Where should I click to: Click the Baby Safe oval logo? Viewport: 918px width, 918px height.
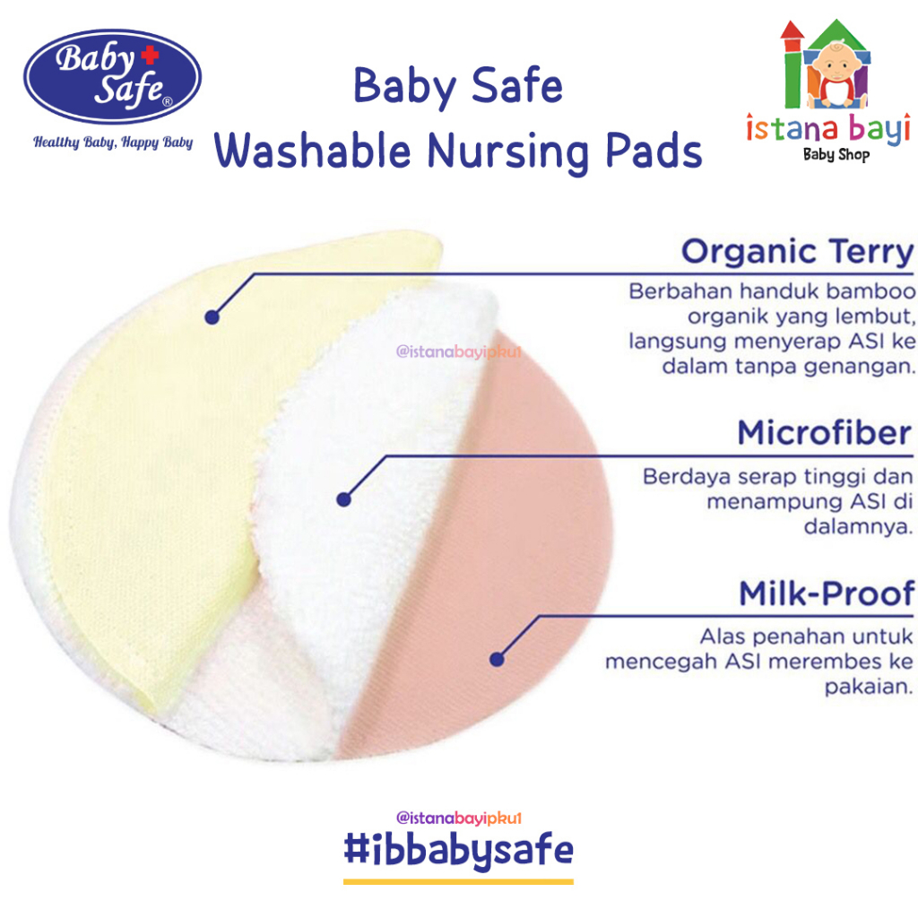112,76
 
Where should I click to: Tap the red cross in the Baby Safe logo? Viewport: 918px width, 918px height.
150,55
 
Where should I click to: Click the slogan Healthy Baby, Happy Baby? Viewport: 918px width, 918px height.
113,143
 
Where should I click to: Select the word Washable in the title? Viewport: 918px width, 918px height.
313,151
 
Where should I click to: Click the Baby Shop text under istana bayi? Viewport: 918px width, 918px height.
836,154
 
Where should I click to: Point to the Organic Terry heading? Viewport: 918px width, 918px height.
797,252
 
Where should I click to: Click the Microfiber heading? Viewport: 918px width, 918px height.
825,433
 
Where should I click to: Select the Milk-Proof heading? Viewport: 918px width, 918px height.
826,593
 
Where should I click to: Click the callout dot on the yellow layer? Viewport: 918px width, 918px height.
212,317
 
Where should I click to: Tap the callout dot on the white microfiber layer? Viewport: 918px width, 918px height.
343,499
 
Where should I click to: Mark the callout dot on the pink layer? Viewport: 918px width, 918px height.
497,659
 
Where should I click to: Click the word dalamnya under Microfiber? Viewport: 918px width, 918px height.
858,527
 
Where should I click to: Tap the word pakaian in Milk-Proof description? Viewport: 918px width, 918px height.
869,686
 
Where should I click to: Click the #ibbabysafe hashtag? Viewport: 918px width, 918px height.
458,851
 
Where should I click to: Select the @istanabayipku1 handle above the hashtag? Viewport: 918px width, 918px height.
458,818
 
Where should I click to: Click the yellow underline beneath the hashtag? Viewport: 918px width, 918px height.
458,881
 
